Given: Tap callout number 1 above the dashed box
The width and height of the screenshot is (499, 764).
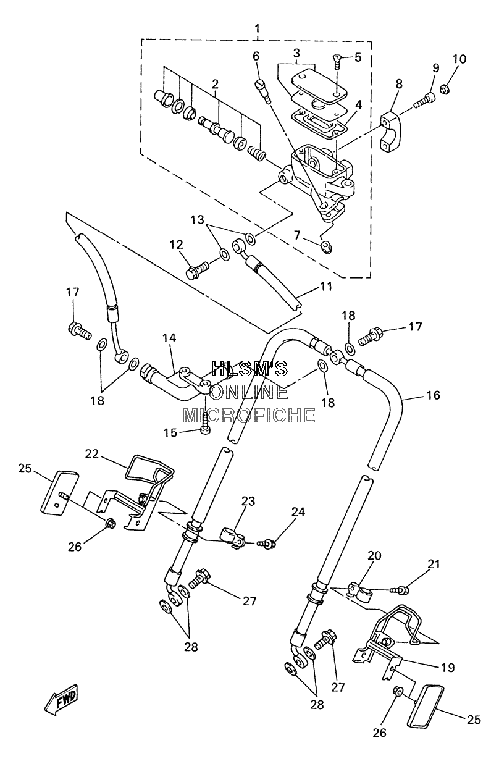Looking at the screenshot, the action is (257, 28).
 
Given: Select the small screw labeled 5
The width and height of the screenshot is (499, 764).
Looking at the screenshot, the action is (337, 61).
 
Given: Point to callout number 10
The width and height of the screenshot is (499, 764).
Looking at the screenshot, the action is (459, 59).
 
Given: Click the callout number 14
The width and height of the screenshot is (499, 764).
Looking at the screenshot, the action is (169, 338).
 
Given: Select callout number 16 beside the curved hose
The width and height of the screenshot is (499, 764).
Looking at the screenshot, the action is (433, 395).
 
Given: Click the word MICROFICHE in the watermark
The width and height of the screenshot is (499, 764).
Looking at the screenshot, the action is (249, 416).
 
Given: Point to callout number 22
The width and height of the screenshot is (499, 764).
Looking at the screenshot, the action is (92, 453).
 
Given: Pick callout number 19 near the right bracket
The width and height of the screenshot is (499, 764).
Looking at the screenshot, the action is (448, 668).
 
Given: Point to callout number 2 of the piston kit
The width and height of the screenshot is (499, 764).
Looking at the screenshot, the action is (214, 84).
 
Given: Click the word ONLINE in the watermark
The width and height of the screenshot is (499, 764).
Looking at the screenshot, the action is (249, 392).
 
